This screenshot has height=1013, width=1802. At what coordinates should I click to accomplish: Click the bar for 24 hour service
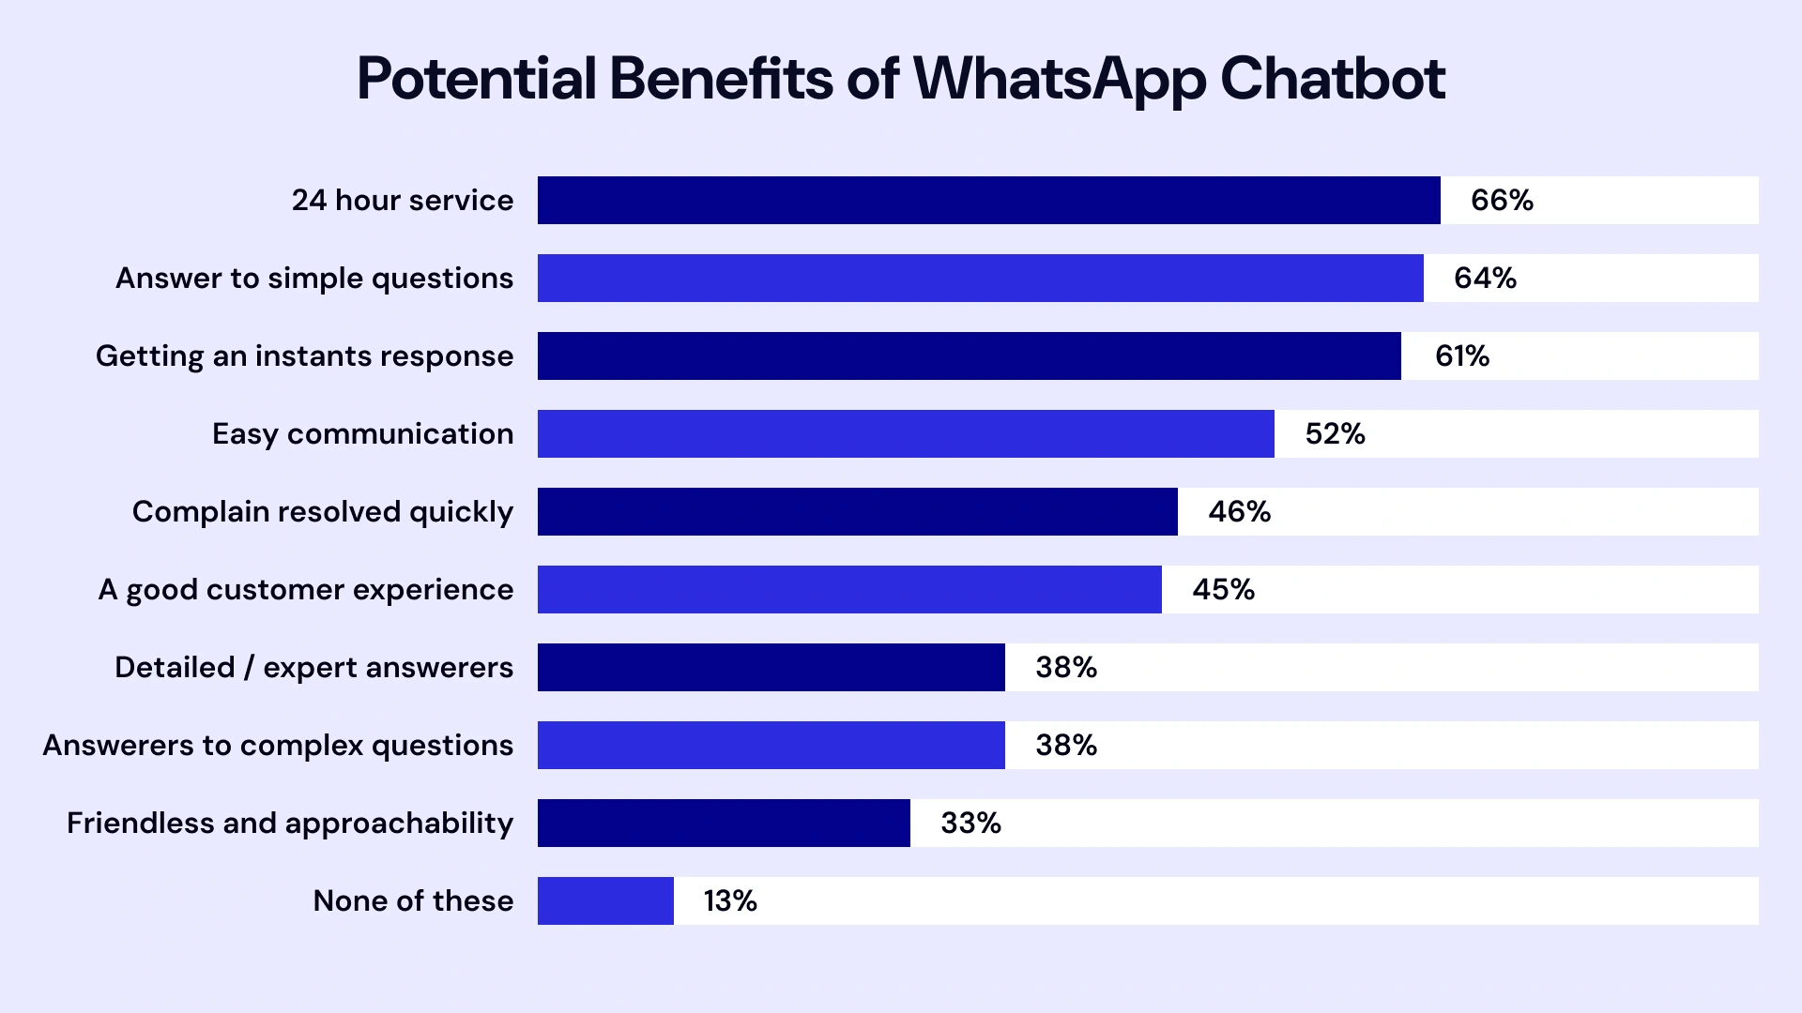coord(988,200)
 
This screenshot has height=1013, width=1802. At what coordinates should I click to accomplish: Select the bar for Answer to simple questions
coord(980,278)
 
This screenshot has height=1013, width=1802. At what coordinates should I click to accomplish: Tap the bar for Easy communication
coord(906,433)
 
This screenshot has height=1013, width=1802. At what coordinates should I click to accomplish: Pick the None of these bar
coord(605,900)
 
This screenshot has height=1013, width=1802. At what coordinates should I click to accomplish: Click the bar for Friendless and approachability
coord(724,823)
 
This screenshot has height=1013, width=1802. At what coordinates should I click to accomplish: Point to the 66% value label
coord(1502,200)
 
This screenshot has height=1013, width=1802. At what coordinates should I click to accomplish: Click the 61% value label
coord(1462,355)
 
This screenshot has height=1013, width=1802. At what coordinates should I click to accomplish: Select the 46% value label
coord(1239,511)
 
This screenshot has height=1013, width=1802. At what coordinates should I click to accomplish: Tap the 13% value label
coord(730,900)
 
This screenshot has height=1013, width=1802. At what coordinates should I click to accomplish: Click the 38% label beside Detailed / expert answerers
coord(1066,667)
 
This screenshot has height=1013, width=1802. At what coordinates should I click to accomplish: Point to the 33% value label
coord(970,823)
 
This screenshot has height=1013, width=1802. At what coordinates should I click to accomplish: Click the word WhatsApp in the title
coord(1059,79)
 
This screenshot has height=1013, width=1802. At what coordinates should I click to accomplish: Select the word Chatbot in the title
coord(1332,79)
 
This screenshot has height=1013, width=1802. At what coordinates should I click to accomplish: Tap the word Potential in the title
coord(477,79)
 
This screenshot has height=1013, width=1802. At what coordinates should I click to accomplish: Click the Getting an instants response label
coord(304,356)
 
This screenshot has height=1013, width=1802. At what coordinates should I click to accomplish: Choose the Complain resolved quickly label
coord(322,512)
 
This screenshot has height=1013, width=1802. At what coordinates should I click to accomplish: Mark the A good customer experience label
coord(305,590)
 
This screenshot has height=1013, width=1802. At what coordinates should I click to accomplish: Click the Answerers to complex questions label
coord(278,746)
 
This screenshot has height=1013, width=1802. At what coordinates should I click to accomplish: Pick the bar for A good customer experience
coord(849,589)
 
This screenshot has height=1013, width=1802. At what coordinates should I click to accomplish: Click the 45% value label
coord(1223,589)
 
